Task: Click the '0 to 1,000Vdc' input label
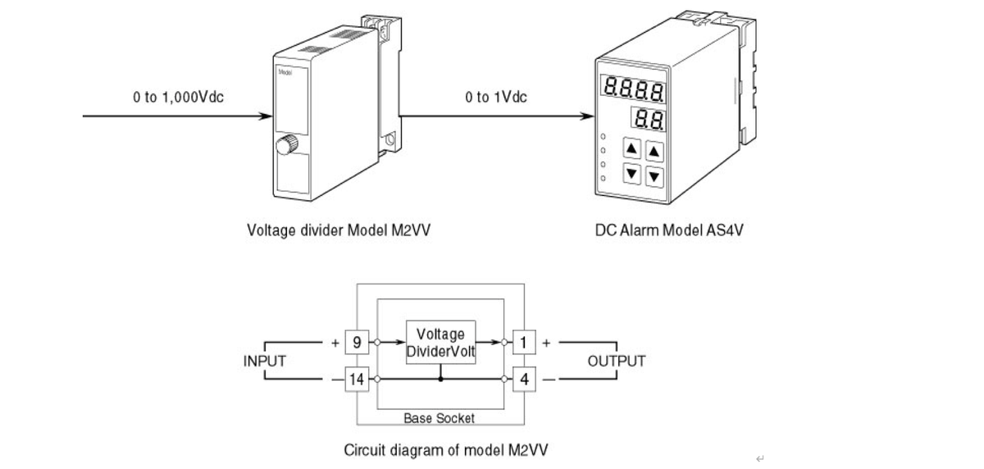(x=179, y=98)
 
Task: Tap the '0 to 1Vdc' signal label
(x=496, y=98)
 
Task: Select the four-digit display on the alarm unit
(x=633, y=86)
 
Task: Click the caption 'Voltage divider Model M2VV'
(x=338, y=230)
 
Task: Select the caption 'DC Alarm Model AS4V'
(x=669, y=230)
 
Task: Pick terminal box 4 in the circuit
(x=524, y=380)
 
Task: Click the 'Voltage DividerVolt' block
(x=441, y=343)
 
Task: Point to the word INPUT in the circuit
(x=265, y=361)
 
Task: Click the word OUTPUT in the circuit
(x=617, y=361)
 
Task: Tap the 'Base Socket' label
(x=439, y=418)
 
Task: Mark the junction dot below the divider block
(x=441, y=380)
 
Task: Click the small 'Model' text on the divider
(x=286, y=72)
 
